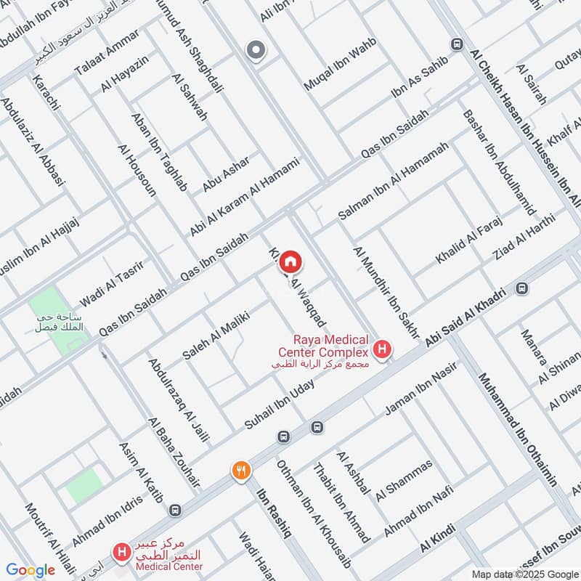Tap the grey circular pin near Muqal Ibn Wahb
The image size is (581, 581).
[255, 50]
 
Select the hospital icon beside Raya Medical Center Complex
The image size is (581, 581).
[383, 349]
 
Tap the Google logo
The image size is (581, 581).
[31, 570]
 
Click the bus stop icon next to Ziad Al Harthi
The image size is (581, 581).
[521, 288]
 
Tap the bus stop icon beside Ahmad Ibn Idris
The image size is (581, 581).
[174, 510]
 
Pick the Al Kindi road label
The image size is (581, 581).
[439, 541]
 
